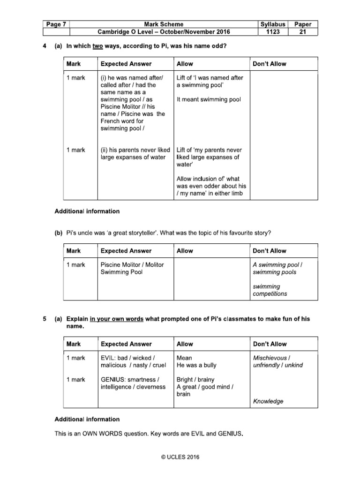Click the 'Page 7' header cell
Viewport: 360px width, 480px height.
point(56,24)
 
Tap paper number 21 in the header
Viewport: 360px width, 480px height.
point(303,32)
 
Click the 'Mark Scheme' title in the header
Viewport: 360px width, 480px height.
point(164,24)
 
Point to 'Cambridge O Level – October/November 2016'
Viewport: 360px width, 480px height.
point(164,32)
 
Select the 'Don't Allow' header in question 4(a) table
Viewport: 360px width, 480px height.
point(269,64)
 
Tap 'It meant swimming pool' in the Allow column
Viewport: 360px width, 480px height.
point(209,100)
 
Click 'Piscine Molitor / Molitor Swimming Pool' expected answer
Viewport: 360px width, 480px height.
point(132,268)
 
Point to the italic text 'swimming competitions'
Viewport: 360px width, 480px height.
point(270,290)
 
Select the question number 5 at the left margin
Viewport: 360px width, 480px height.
point(45,319)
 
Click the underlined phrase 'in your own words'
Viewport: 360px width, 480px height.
point(117,319)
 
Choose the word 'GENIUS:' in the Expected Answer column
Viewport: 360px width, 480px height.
point(114,380)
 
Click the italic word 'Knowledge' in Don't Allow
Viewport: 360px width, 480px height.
point(268,401)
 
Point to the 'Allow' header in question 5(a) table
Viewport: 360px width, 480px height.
point(185,344)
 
